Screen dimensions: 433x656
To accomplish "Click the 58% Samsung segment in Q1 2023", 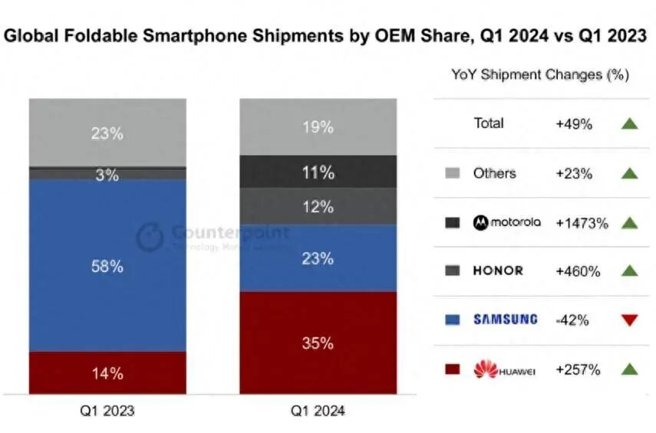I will (x=107, y=266).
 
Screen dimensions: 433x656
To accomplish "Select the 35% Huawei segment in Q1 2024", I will (x=318, y=343).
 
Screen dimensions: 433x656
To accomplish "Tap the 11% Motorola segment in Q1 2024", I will (x=318, y=172).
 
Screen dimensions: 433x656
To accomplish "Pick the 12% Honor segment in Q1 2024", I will (x=318, y=207).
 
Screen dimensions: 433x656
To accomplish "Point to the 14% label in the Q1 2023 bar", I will (x=107, y=374).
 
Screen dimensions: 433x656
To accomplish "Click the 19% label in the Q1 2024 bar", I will (x=318, y=127).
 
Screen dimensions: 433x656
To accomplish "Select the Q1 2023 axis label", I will (x=107, y=411).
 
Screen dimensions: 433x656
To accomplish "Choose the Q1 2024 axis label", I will (x=318, y=411).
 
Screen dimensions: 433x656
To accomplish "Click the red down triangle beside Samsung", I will (x=630, y=320).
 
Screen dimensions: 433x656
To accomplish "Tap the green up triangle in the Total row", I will (x=630, y=123).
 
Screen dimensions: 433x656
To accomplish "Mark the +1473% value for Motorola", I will (x=582, y=223).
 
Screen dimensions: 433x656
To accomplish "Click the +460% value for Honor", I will (x=579, y=271).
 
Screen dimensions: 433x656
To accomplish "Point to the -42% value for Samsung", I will (x=572, y=320).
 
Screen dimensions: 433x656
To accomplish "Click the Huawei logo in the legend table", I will (x=486, y=369).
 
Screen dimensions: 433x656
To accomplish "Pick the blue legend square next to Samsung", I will (x=453, y=320).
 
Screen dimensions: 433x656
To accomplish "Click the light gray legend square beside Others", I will (x=453, y=174).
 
